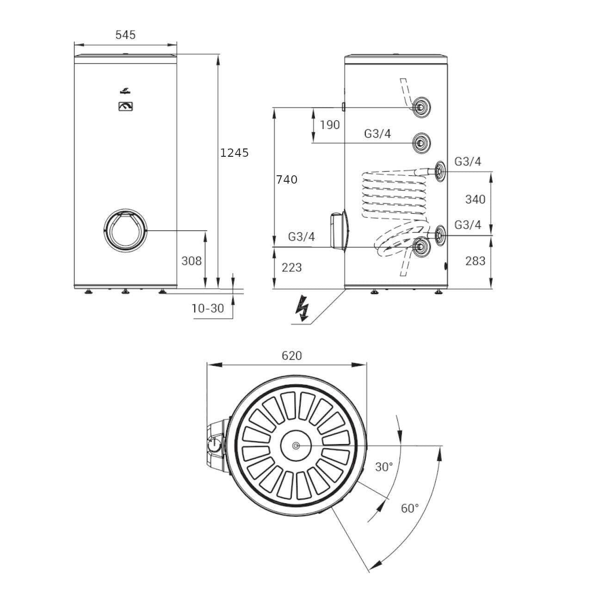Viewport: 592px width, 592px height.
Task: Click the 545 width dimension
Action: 125,35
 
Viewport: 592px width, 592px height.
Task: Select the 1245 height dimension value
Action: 234,153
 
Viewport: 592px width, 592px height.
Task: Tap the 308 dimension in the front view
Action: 191,261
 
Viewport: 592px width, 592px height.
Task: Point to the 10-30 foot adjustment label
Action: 208,308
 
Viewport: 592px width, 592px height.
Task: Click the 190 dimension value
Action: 330,125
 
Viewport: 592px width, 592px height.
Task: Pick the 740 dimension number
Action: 287,179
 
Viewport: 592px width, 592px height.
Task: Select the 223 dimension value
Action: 291,267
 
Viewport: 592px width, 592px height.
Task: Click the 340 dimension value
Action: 475,199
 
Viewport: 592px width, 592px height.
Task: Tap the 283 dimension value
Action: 475,261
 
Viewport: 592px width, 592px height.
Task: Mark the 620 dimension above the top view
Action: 292,356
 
